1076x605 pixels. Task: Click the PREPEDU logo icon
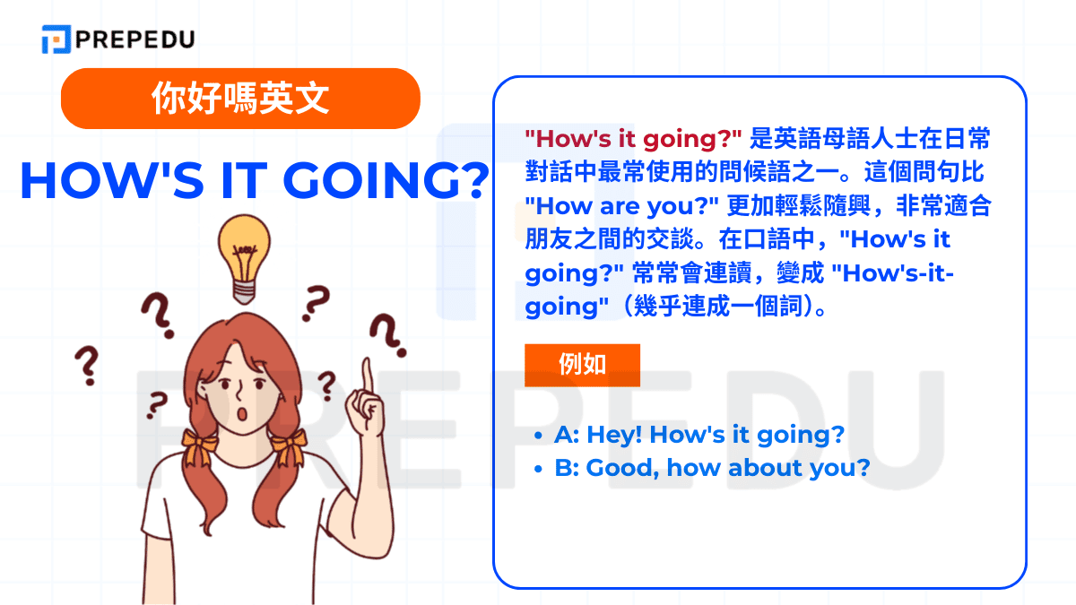[56, 39]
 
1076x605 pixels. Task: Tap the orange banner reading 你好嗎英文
[240, 99]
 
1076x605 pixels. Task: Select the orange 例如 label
[582, 365]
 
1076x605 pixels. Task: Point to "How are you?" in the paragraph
[621, 205]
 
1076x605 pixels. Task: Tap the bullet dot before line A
[538, 436]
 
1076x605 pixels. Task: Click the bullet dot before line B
[538, 469]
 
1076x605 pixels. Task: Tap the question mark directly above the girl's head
[314, 303]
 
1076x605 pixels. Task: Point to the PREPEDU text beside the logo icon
[135, 39]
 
